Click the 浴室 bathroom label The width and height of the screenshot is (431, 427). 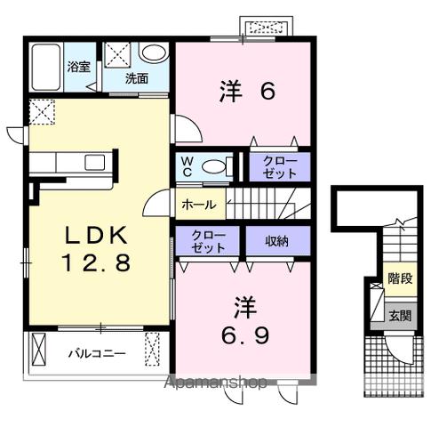(77, 67)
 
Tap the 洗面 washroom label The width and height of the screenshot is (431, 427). (135, 78)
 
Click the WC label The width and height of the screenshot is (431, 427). (188, 166)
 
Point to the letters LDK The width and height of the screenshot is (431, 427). (97, 234)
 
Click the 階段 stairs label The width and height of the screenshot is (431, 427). (399, 278)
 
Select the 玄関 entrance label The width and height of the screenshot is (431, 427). (399, 315)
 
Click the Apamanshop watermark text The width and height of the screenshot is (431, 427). (216, 383)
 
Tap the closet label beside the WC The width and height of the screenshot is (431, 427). (279, 166)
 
